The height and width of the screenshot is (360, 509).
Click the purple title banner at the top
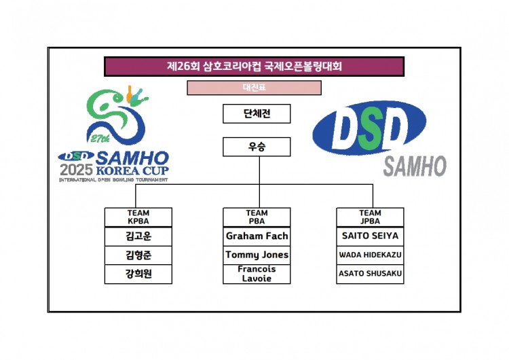point(254,67)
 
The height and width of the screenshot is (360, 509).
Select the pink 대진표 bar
point(254,88)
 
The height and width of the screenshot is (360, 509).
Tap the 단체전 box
point(257,113)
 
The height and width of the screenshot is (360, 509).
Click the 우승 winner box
point(257,147)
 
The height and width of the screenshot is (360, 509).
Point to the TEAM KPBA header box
point(138,217)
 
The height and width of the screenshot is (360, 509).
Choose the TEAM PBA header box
point(257,217)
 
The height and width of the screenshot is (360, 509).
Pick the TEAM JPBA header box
point(370,217)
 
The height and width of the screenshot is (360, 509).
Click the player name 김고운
point(138,236)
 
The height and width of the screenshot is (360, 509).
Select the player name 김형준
point(138,255)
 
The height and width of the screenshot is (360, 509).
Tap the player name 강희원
point(138,274)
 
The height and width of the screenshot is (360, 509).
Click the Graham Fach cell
point(257,236)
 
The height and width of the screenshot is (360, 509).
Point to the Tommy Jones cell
point(257,255)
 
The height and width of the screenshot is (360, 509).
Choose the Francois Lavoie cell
point(257,274)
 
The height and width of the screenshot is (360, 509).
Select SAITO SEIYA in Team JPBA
point(370,236)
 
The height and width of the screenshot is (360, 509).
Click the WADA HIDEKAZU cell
point(370,255)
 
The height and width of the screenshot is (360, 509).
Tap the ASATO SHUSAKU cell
point(370,274)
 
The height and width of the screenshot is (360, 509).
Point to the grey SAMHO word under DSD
point(415,166)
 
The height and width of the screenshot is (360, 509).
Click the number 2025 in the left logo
point(77,170)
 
